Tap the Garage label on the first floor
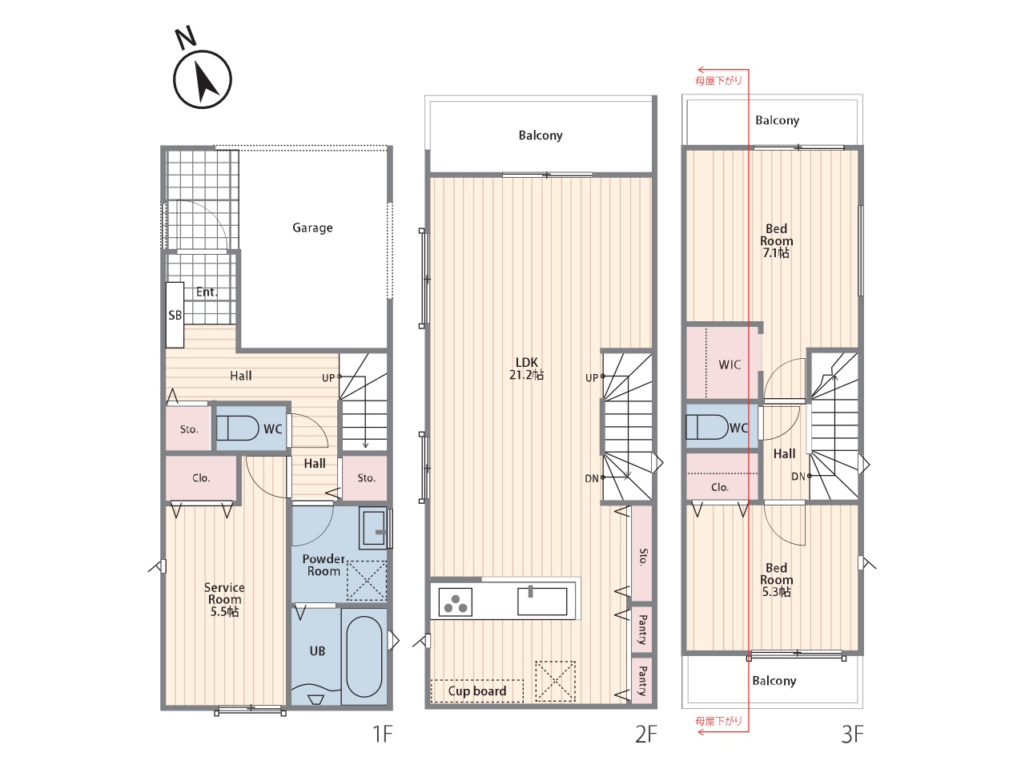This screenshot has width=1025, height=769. point(312,227)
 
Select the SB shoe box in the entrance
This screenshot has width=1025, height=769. point(175,315)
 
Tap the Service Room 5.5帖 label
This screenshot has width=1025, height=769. point(224,599)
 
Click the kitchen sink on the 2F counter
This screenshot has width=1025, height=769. point(542,601)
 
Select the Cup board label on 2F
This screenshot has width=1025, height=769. point(476,691)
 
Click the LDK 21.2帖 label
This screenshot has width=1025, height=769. point(526,368)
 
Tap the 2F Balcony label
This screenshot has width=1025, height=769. point(541,135)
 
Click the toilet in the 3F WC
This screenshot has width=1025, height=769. point(707,428)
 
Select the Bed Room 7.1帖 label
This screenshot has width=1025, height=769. point(776,241)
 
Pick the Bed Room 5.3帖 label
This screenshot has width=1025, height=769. point(776,580)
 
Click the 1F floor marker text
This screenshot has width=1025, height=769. point(383,734)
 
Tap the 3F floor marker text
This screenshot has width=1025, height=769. point(852,734)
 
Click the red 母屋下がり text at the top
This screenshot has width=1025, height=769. point(718,81)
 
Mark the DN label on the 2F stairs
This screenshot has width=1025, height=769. point(592,478)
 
